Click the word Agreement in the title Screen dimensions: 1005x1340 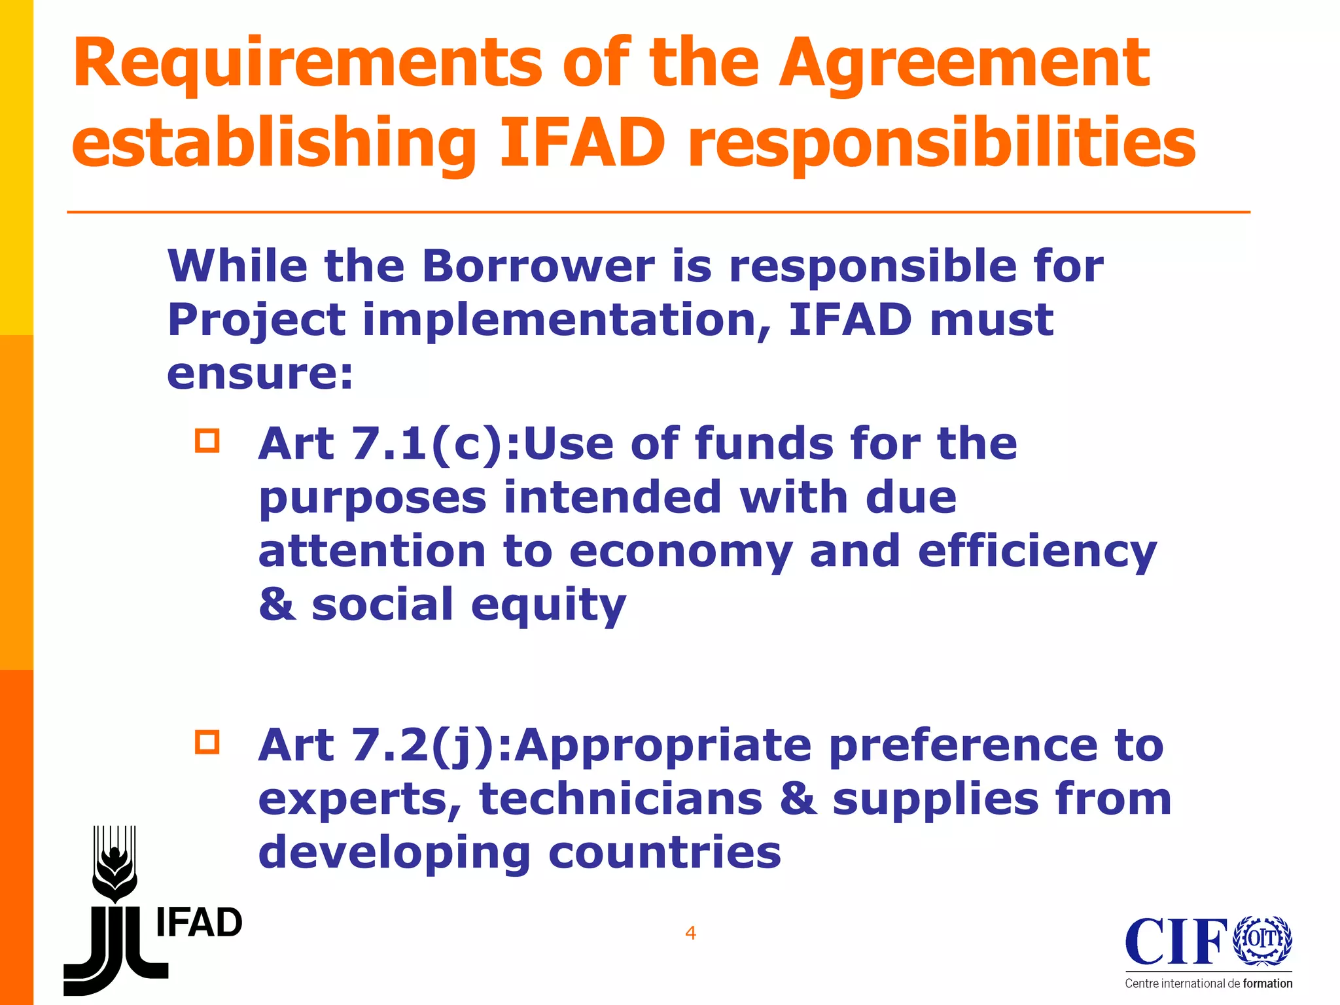(964, 64)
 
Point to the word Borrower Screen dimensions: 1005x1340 (538, 266)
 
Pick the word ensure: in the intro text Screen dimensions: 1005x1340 (260, 374)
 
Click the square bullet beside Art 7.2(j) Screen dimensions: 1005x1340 (207, 742)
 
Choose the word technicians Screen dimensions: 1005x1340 (621, 800)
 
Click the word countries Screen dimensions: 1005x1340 (665, 853)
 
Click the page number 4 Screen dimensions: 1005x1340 (690, 933)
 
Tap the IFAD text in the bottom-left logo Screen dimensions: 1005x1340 (199, 923)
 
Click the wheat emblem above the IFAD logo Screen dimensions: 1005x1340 (115, 864)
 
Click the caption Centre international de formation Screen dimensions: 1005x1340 (1208, 983)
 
